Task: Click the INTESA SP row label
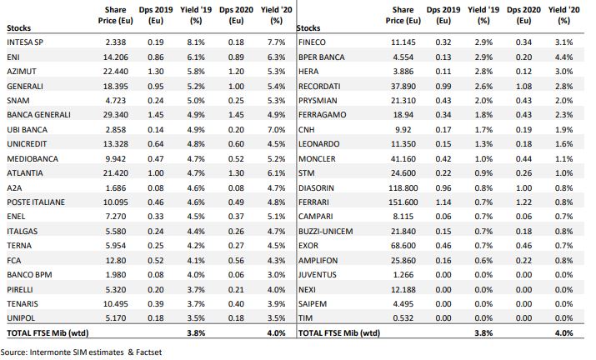pos(25,42)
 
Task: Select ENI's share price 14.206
pos(116,57)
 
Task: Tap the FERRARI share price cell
pos(403,202)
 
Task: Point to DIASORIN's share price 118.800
pos(403,187)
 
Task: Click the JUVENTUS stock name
pos(318,275)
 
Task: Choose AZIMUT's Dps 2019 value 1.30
pos(156,72)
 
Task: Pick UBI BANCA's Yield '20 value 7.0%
pos(277,130)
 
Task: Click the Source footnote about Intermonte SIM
pos(81,352)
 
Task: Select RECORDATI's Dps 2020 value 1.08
pos(523,87)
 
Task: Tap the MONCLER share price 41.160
pos(403,158)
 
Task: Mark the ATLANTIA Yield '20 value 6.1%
pos(277,173)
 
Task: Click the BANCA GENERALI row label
pos(39,115)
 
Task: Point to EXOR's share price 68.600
pos(403,246)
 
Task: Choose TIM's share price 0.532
pos(403,317)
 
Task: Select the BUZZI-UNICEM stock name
pos(326,231)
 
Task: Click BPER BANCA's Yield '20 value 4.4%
pos(563,57)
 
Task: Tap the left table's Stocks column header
pos(18,28)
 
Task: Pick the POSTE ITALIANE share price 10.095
pos(116,202)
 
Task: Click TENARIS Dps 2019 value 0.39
pos(156,303)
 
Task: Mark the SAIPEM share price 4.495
pos(403,303)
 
